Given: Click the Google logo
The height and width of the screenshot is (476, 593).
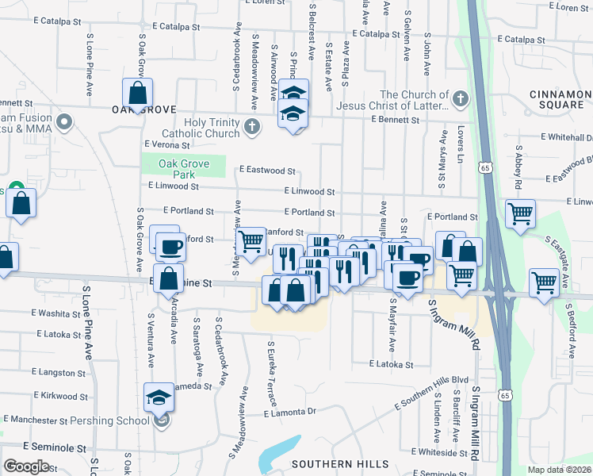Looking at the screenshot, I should pos(26,466).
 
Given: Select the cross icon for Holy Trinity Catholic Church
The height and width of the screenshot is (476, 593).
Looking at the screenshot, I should pos(251,125).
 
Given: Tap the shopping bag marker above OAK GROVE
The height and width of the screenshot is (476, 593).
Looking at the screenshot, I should pos(137,93).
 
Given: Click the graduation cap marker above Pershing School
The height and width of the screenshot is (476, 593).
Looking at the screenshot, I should pos(159,396).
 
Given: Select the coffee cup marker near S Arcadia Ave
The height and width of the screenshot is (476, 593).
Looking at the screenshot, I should pos(170,247).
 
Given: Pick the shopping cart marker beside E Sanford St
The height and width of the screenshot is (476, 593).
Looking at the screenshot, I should pos(251,240).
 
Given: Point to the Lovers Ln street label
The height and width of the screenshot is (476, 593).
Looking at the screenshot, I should pos(460,144).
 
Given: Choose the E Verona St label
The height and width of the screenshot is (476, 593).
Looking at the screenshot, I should pos(167,144).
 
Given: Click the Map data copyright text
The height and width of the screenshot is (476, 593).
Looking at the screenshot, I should pos(559,470).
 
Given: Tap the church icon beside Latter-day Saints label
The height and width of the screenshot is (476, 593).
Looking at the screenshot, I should pos(460,100).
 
